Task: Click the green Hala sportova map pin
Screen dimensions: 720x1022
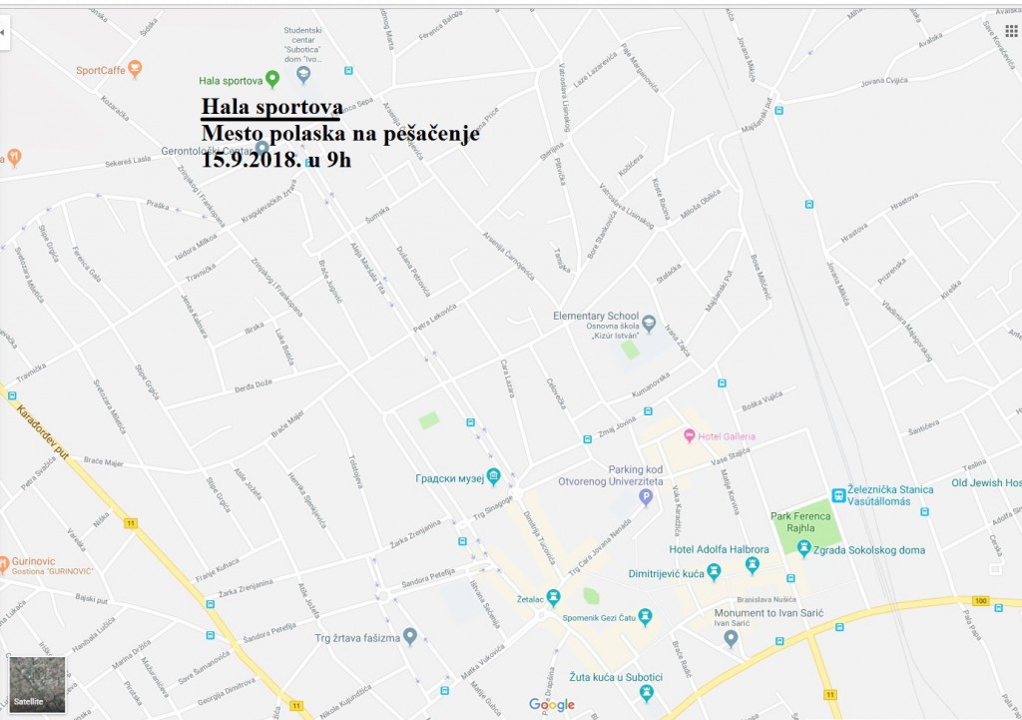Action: pyautogui.click(x=272, y=80)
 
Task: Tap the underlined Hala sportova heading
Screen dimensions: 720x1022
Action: pyautogui.click(x=271, y=108)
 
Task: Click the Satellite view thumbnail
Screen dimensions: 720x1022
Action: pyautogui.click(x=37, y=684)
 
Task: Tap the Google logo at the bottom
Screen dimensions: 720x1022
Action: pyautogui.click(x=551, y=705)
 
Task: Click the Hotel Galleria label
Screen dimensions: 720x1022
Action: pyautogui.click(x=727, y=436)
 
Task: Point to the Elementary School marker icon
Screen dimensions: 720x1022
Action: pyautogui.click(x=649, y=323)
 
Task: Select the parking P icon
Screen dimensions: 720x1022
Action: pyautogui.click(x=646, y=496)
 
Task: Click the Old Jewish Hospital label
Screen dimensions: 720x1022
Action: pyautogui.click(x=986, y=483)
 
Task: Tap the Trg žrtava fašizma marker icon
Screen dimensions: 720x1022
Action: pyautogui.click(x=409, y=636)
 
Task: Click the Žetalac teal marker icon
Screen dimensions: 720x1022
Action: pyautogui.click(x=554, y=597)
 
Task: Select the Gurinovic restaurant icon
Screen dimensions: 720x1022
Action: pyautogui.click(x=6, y=562)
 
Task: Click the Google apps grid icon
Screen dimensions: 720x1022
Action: pyautogui.click(x=1011, y=32)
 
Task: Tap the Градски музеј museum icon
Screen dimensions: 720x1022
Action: pyautogui.click(x=493, y=477)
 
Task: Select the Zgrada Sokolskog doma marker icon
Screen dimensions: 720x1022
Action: pyautogui.click(x=803, y=548)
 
